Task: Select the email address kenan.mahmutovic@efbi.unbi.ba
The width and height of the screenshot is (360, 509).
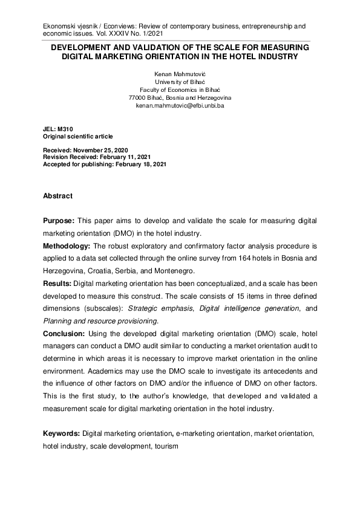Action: [180, 105]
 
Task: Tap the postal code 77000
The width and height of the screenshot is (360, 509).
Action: [139, 97]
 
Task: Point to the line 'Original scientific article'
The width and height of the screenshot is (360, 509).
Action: [77, 137]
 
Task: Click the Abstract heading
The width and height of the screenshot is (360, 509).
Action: [57, 196]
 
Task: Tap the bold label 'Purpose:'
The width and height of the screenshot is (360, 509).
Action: [59, 222]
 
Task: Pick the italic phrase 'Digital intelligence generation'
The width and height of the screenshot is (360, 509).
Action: [260, 308]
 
